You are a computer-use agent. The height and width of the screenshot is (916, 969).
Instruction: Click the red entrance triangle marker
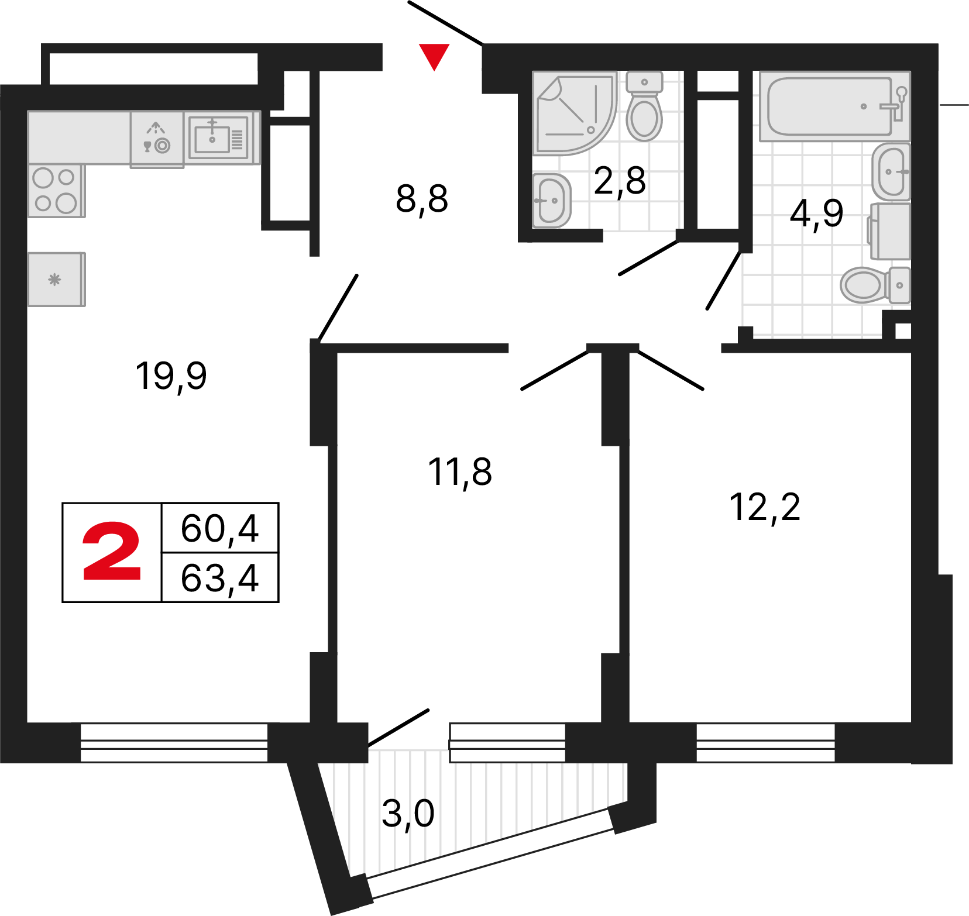[434, 56]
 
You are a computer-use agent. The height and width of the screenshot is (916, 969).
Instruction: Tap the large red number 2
[112, 552]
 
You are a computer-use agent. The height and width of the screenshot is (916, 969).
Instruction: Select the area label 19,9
[171, 376]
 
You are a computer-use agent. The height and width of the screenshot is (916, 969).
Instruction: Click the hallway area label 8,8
[422, 199]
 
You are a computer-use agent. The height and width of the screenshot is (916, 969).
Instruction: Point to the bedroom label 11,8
[460, 473]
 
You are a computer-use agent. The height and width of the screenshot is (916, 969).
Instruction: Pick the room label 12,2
[765, 507]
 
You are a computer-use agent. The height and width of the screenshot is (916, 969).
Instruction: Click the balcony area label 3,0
[408, 814]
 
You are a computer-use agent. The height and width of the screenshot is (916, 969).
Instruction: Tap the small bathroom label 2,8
[620, 181]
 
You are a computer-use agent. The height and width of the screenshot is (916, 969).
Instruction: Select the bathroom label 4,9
[817, 213]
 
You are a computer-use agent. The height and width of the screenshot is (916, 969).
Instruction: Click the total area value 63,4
[219, 578]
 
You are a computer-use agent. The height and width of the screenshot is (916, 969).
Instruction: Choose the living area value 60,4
[219, 528]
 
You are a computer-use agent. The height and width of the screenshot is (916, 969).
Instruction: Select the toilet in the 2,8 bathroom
[644, 106]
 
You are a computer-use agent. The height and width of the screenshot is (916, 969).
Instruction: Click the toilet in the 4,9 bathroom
[875, 285]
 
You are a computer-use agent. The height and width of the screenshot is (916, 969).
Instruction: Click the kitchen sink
[218, 138]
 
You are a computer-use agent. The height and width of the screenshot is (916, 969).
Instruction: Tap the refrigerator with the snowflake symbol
[57, 280]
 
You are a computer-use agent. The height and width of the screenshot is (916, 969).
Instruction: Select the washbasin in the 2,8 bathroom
[551, 201]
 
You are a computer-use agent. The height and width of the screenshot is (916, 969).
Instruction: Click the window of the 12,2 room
[765, 742]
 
